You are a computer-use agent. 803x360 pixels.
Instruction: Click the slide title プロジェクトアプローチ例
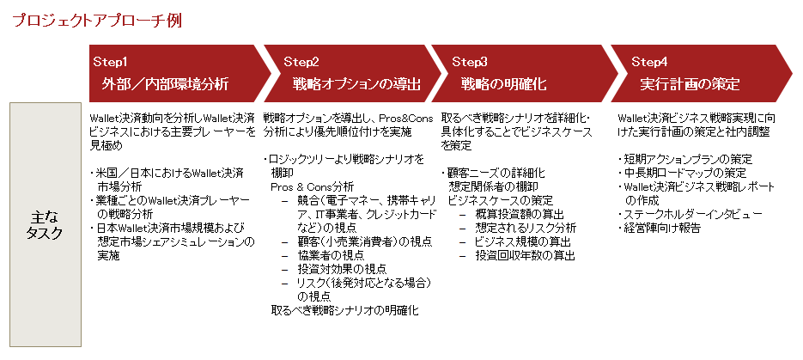97,21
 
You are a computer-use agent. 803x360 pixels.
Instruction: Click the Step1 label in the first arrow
110,62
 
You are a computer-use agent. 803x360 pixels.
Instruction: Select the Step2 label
301,62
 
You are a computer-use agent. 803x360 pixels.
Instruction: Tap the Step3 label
470,62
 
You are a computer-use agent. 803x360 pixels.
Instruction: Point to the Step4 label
649,62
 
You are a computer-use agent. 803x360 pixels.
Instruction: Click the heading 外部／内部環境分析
165,84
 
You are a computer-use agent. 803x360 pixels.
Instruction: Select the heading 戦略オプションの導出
356,84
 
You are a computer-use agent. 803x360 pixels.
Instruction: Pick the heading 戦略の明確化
503,84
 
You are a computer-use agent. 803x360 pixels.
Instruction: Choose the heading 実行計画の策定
690,84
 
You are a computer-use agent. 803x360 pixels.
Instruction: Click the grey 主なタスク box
45,224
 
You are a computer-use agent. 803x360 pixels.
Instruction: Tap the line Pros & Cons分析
312,187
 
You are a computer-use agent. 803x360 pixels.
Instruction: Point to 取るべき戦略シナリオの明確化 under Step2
344,310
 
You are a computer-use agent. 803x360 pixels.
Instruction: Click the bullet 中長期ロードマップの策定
682,173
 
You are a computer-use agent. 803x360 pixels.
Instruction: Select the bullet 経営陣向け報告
659,228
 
